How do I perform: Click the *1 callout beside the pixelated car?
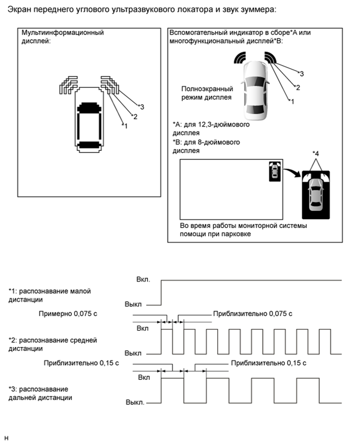(123, 125)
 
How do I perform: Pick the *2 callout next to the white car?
(297, 87)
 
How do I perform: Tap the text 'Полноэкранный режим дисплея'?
(206, 93)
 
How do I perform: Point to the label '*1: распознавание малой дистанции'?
(49, 295)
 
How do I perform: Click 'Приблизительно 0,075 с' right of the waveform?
(252, 314)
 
